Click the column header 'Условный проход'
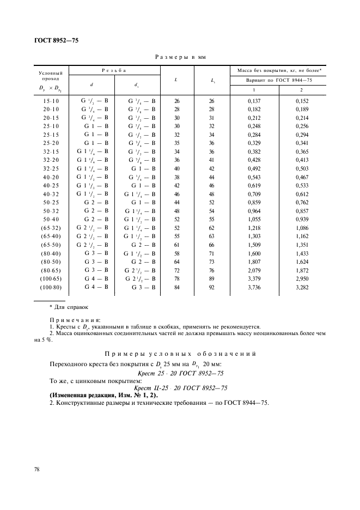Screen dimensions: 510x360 click(51, 75)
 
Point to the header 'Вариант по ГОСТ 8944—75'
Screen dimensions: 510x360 click(279, 81)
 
